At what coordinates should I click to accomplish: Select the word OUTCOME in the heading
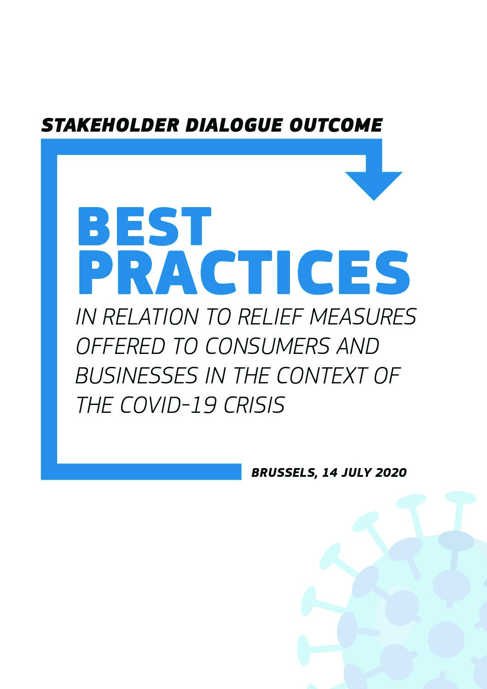[336, 125]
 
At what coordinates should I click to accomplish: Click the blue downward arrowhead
[374, 184]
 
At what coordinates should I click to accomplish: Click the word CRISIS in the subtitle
[254, 405]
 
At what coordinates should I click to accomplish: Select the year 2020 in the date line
[391, 473]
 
